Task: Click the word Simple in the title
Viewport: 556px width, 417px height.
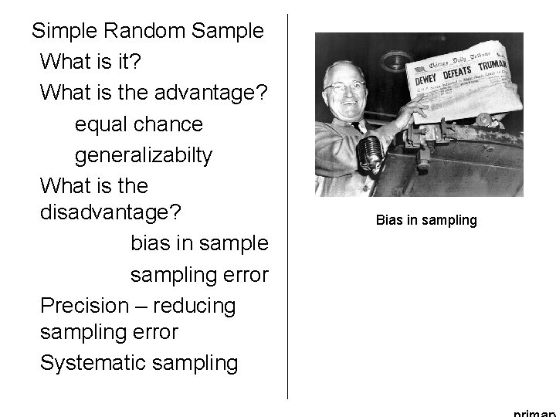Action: click(x=64, y=32)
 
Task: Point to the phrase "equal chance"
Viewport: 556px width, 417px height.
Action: click(x=139, y=124)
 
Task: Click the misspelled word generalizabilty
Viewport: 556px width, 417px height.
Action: click(x=143, y=155)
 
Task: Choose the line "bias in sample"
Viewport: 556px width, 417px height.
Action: click(x=199, y=243)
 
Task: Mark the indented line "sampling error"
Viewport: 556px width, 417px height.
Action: click(x=199, y=274)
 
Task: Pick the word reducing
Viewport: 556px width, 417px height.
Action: click(x=195, y=305)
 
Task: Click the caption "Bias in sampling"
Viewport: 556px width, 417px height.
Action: click(x=426, y=221)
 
